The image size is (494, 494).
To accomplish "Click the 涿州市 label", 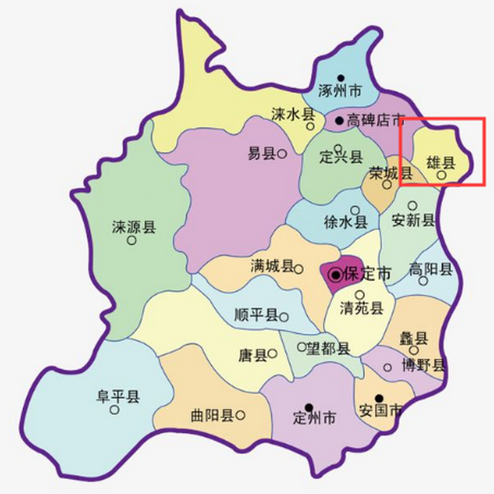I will pyautogui.click(x=340, y=91).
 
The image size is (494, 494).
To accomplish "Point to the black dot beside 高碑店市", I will pyautogui.click(x=339, y=120).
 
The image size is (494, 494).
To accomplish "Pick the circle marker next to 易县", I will pyautogui.click(x=283, y=154).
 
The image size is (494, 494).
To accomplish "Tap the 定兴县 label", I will pyautogui.click(x=341, y=157).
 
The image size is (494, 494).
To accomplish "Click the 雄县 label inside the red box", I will pyautogui.click(x=441, y=163).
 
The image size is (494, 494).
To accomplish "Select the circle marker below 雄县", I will pyautogui.click(x=442, y=175).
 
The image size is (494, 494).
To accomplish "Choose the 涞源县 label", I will pyautogui.click(x=134, y=227).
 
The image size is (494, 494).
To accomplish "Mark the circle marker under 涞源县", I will pyautogui.click(x=132, y=240).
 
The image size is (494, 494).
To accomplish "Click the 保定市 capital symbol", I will pyautogui.click(x=336, y=275).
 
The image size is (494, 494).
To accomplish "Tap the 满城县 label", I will pyautogui.click(x=272, y=266).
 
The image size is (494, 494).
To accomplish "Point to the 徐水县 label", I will pyautogui.click(x=345, y=222).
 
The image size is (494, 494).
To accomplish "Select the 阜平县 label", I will pyautogui.click(x=118, y=396).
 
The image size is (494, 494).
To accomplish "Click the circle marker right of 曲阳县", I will pyautogui.click(x=240, y=415).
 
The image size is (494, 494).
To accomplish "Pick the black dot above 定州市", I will pyautogui.click(x=309, y=407).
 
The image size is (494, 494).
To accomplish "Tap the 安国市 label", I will pyautogui.click(x=380, y=411).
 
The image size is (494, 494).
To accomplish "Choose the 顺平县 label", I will pyautogui.click(x=256, y=315).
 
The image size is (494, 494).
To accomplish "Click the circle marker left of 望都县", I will pyautogui.click(x=301, y=347).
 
